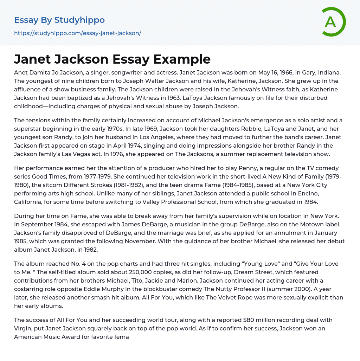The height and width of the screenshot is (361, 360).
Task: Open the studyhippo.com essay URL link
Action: [77, 33]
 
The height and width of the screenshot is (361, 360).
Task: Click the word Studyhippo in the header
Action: [79, 20]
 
